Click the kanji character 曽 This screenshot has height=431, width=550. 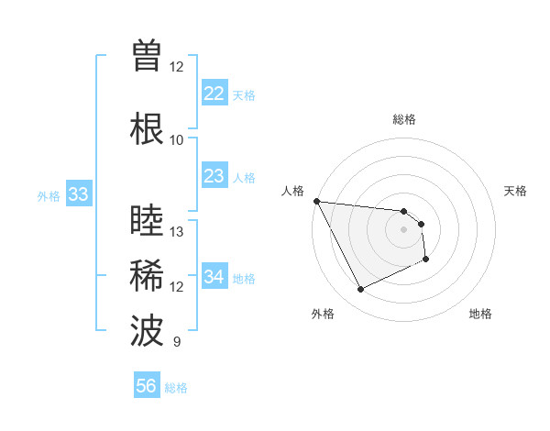(147, 56)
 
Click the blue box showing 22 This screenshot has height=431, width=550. (214, 94)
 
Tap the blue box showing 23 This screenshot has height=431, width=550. (214, 176)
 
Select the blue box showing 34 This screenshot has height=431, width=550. (214, 277)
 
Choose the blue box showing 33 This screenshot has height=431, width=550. (78, 194)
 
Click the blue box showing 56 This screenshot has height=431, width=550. (146, 386)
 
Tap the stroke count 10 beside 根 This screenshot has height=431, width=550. (176, 139)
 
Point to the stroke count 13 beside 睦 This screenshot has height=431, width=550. (177, 231)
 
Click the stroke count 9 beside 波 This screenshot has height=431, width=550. (176, 342)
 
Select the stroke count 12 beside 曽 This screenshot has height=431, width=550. (176, 66)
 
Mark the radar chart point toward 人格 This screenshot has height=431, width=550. (316, 201)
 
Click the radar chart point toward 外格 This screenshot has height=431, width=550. (360, 290)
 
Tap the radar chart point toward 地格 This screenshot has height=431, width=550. (426, 260)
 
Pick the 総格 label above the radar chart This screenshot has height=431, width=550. (404, 119)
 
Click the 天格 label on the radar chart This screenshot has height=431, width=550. (515, 191)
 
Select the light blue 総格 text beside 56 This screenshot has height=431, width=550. (176, 388)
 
